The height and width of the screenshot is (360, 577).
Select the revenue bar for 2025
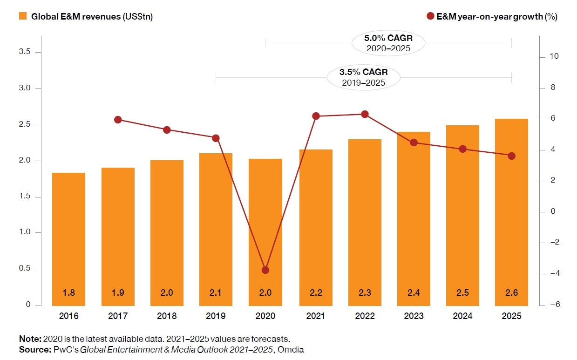click(x=511, y=212)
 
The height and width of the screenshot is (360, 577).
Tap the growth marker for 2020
click(x=265, y=270)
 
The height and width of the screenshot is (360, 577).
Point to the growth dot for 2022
click(x=365, y=114)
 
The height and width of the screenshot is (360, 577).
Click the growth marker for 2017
click(x=118, y=120)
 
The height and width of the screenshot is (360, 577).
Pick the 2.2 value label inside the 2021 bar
click(x=315, y=293)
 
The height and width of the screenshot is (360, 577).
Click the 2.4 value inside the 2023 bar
click(x=414, y=293)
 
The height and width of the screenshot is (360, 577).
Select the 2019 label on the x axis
click(x=216, y=316)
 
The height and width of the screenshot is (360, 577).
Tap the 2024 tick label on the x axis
click(x=462, y=316)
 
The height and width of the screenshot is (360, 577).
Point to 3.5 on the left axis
click(x=25, y=52)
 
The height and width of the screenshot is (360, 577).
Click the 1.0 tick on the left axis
click(x=25, y=232)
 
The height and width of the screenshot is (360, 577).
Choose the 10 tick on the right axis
click(x=554, y=57)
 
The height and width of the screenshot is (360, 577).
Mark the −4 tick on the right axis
click(x=554, y=273)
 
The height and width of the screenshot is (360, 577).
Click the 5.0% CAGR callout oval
click(x=388, y=43)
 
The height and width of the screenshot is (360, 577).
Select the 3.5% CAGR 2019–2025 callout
click(x=363, y=77)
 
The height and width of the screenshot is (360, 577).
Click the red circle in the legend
click(x=430, y=16)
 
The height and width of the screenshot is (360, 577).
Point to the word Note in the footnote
click(x=30, y=339)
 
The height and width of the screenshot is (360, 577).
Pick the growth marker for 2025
click(x=511, y=156)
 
